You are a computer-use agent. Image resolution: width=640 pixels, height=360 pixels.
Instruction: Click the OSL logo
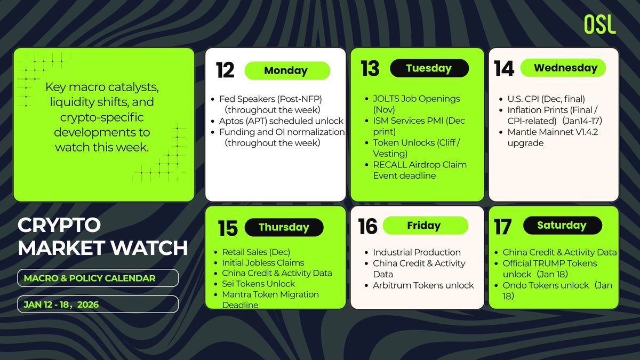coord(599,24)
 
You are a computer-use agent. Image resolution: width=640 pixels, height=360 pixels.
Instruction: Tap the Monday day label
coord(286,70)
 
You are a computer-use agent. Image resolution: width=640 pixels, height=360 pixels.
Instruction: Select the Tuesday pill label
coord(429,68)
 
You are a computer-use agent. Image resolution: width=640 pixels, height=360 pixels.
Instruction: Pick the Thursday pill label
coord(284,227)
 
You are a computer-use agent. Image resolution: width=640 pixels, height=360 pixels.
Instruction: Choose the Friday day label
coord(423,226)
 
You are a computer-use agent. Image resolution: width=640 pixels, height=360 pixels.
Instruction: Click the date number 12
coord(225,70)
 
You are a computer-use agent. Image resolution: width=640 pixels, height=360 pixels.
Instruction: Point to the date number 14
coord(503,68)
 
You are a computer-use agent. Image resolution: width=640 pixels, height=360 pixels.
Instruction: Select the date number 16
coord(367,226)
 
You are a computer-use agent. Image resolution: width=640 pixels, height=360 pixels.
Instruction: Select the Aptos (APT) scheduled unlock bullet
coord(281,121)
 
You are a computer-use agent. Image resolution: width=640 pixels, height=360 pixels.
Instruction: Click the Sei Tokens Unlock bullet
coord(258,284)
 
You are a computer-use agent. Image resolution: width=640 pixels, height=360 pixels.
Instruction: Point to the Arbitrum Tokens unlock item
coord(423,285)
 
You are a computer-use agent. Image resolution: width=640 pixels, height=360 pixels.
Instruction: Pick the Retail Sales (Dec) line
coord(255,252)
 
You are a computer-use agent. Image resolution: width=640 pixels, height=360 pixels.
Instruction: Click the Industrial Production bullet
coord(417,252)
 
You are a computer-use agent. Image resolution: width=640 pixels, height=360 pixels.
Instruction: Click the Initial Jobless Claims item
coord(263,262)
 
